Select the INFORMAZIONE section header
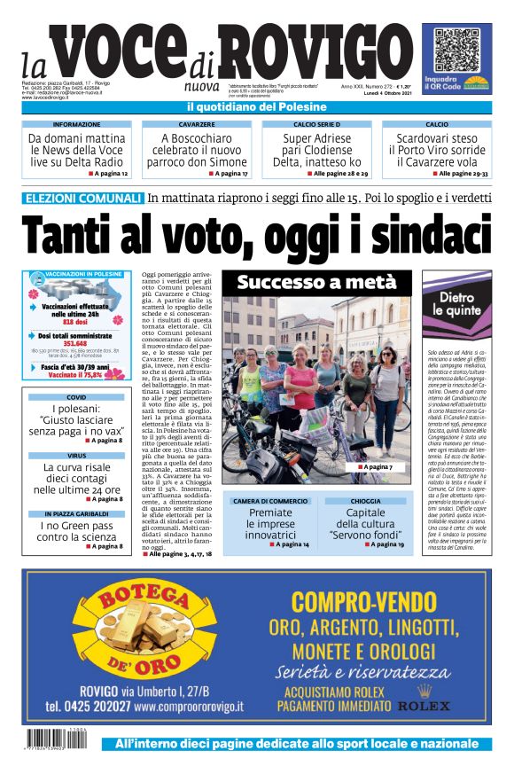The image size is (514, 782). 77,125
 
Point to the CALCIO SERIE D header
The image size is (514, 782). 316,125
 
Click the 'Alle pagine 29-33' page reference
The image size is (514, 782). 463,174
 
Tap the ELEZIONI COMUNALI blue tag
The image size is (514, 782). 84,199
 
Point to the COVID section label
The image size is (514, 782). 77,397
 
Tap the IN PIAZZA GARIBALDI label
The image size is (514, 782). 77,513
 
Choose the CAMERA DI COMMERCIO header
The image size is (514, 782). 270,501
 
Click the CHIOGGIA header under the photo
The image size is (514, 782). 365,501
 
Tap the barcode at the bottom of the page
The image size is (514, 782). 59,739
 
